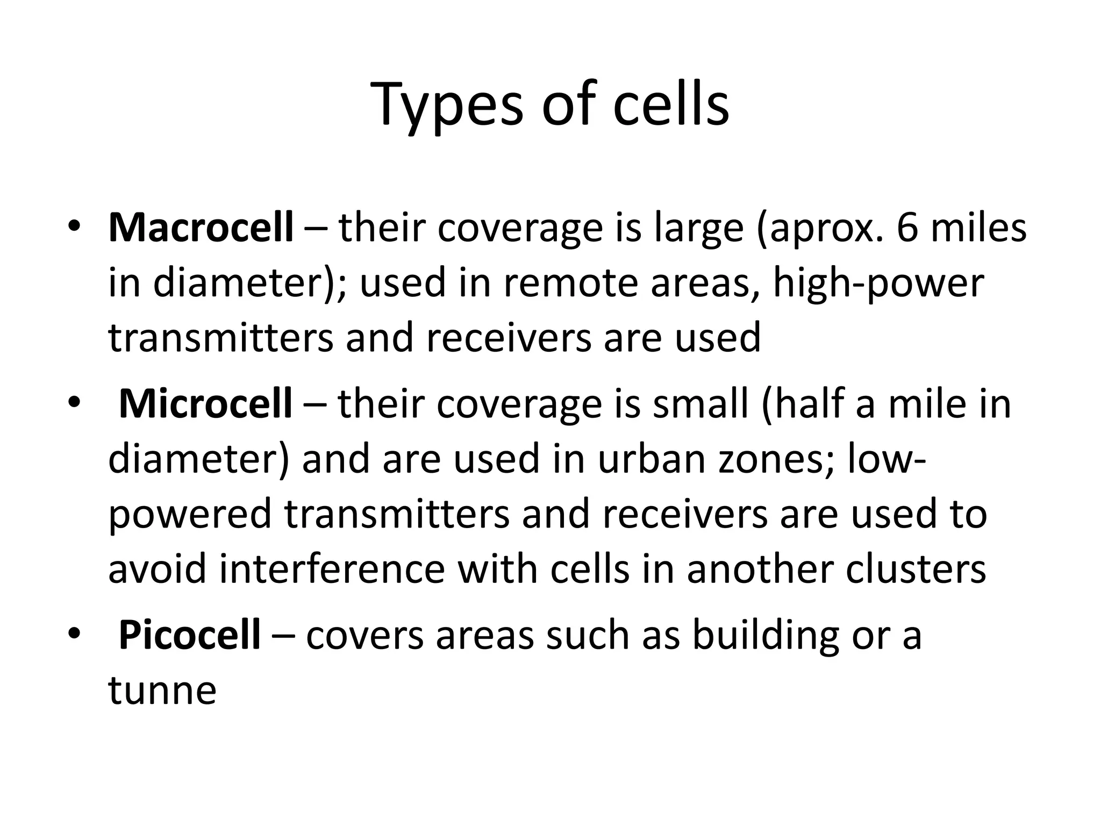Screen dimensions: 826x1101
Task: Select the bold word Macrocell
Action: (201, 227)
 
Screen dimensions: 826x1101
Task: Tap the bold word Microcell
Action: (205, 403)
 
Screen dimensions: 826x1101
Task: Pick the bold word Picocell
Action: (189, 635)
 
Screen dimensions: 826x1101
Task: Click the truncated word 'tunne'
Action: (162, 690)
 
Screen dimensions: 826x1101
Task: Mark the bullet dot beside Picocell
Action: (74, 633)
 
